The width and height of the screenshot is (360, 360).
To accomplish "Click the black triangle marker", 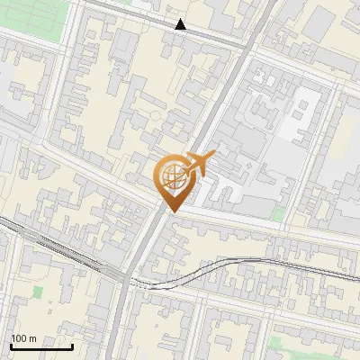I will pyautogui.click(x=181, y=24).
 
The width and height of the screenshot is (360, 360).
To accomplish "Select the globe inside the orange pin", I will pyautogui.click(x=171, y=175).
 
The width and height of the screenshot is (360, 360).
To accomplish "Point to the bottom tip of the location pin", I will pyautogui.click(x=171, y=212).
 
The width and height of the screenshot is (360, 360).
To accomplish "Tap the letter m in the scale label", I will pyautogui.click(x=32, y=338).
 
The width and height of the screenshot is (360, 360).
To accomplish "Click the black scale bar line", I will pyautogui.click(x=40, y=346).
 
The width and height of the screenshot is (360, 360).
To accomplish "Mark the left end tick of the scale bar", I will pyautogui.click(x=10, y=344).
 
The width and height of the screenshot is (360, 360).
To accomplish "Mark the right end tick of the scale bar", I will pyautogui.click(x=72, y=344).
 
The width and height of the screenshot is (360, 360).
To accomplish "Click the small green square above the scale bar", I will pyautogui.click(x=38, y=292).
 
